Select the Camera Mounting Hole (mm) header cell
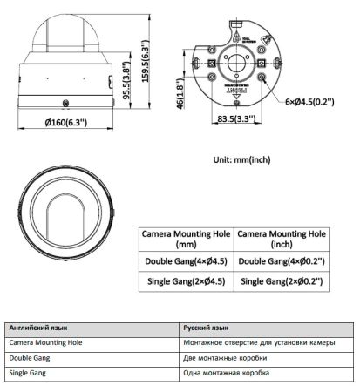[186, 240]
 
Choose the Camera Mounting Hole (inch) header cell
[281, 240]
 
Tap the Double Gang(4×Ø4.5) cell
[186, 260]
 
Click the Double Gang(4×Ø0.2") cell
[281, 260]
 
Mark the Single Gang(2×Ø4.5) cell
[186, 281]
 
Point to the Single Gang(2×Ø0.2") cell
[281, 281]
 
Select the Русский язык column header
[206, 328]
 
